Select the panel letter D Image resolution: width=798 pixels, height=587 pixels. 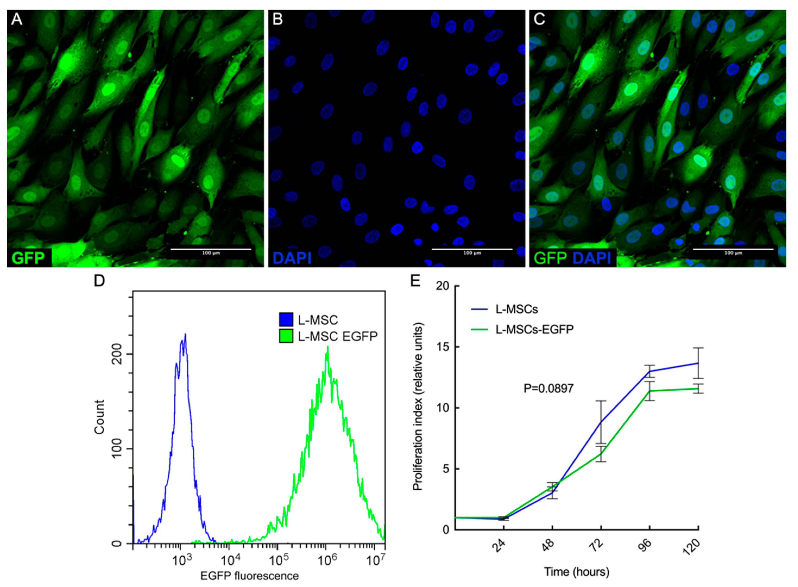pos(99,280)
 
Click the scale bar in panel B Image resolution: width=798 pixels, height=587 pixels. pos(472,249)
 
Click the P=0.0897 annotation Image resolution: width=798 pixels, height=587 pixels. pos(548,388)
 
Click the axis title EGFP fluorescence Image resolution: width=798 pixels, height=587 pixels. pos(250,576)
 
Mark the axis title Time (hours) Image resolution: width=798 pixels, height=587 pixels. pos(576,572)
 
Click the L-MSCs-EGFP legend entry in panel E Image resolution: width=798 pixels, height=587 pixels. pos(534,329)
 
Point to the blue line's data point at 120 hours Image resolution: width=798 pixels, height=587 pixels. pos(698,363)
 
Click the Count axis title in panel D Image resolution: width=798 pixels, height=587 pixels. pos(100,417)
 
